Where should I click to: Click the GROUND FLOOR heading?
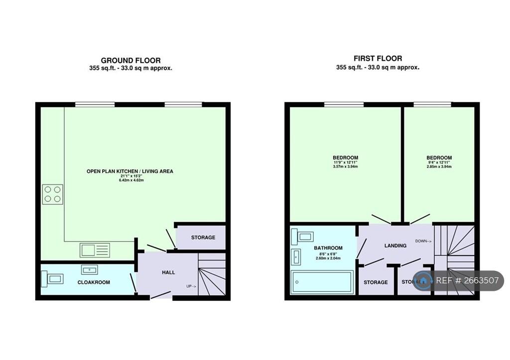(x=130, y=60)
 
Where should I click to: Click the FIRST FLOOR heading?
(x=378, y=58)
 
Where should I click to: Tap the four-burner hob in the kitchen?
(x=52, y=194)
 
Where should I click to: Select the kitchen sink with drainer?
(x=95, y=249)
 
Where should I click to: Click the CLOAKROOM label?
(x=94, y=282)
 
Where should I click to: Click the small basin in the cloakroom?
(x=89, y=270)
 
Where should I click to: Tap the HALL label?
(x=168, y=272)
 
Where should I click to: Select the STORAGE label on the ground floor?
(x=203, y=238)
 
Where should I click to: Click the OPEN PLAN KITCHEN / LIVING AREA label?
(x=130, y=171)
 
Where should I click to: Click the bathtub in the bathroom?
(x=322, y=282)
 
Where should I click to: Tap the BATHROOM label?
(x=328, y=248)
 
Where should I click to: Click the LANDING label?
(x=395, y=246)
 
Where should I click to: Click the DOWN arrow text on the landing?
(x=423, y=241)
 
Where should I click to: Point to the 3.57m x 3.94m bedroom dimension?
(x=345, y=167)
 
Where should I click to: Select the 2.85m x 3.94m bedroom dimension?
(x=439, y=167)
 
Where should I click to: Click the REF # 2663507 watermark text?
(x=467, y=281)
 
